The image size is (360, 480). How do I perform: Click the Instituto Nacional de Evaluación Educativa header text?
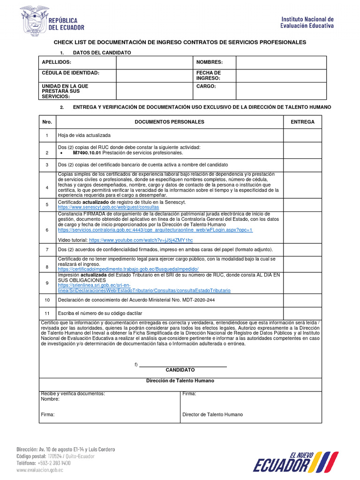307,22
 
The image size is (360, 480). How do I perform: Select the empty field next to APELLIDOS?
155,62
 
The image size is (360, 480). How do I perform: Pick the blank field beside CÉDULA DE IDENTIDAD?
155,75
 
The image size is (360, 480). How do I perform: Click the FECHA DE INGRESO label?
208,75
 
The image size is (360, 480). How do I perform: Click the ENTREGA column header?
302,122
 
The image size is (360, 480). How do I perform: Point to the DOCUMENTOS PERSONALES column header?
169,122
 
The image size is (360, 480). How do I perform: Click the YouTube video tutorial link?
141,240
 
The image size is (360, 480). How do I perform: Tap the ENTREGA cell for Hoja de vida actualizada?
302,135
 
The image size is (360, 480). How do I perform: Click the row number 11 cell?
47,313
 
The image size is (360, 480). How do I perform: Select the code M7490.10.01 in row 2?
87,153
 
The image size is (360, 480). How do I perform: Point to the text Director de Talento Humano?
212,415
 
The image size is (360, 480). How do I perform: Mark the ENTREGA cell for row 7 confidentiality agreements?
302,250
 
